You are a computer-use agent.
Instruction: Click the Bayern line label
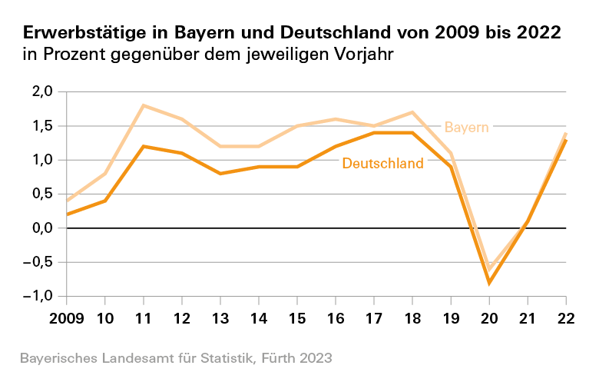tap(467, 127)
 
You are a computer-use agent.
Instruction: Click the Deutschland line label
tap(382, 163)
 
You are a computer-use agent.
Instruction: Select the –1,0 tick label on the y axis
tap(38, 296)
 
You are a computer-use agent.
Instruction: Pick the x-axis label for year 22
tap(566, 318)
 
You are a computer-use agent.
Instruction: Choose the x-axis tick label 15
tap(297, 318)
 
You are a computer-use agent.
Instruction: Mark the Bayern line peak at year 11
tap(144, 105)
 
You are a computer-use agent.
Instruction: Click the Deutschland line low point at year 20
tap(489, 283)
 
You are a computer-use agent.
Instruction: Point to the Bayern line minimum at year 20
tap(489, 269)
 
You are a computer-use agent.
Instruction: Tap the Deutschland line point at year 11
tap(144, 146)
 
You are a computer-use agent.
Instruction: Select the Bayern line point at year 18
tap(412, 112)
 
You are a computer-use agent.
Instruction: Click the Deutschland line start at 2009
tap(67, 214)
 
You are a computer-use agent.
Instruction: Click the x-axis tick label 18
tap(412, 318)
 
